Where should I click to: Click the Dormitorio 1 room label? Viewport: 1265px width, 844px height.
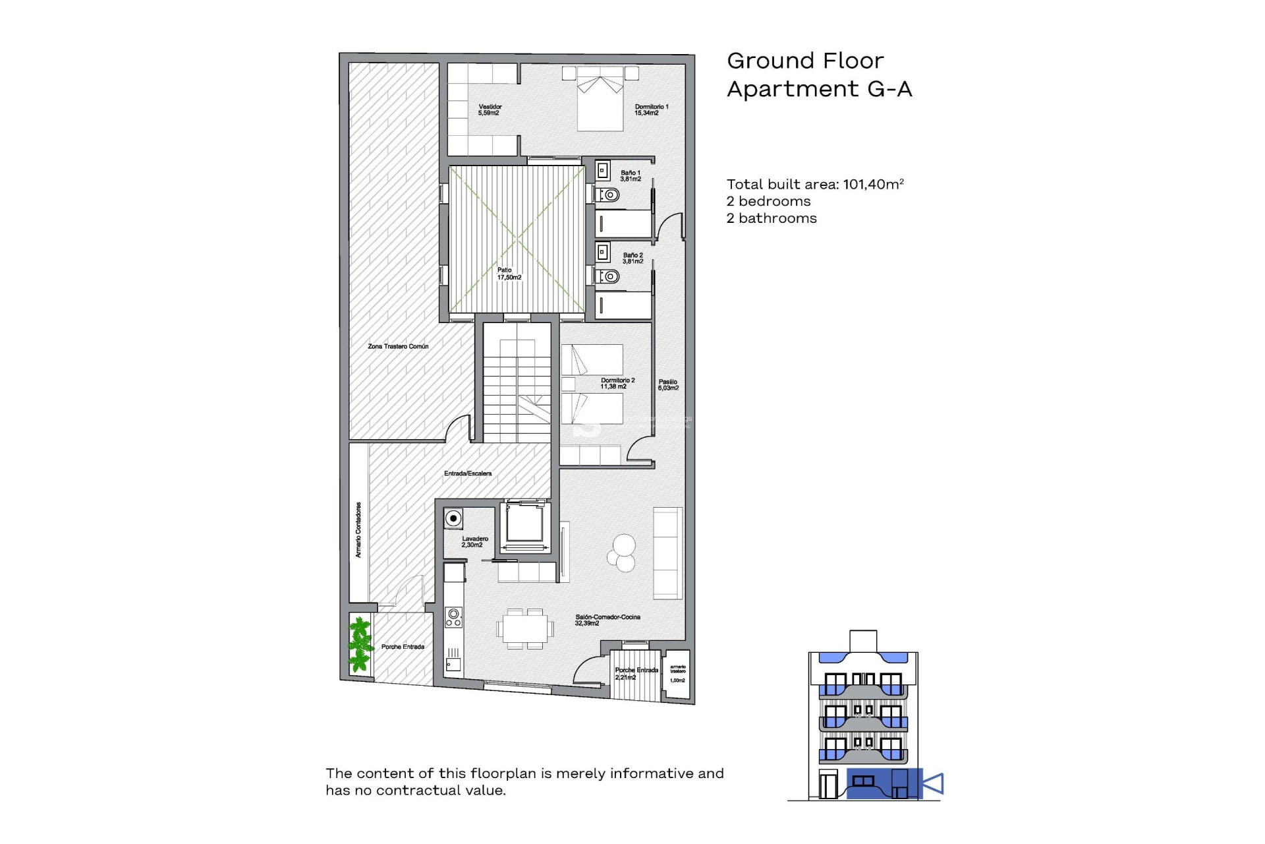point(651,109)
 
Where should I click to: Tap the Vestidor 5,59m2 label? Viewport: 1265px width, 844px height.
point(490,109)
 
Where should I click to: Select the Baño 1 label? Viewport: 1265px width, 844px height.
point(631,175)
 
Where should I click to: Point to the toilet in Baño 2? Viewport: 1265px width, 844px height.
point(609,276)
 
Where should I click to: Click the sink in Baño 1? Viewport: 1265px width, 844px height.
point(603,171)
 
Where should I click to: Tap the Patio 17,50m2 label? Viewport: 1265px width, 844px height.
point(509,274)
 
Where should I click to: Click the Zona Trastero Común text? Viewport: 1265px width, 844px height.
point(398,346)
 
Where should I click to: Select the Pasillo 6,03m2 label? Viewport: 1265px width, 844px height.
point(668,384)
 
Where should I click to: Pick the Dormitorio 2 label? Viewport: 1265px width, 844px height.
point(617,383)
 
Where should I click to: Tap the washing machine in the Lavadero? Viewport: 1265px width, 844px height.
point(453,518)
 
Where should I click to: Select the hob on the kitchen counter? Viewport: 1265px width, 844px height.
point(453,617)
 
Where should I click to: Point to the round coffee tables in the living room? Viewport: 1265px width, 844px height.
point(622,553)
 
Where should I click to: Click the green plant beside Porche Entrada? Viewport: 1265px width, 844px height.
point(360,644)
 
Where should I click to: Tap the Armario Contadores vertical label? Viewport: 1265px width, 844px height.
point(358,529)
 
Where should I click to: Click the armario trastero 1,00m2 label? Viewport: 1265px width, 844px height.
point(678,673)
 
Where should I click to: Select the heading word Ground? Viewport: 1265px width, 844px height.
point(768,61)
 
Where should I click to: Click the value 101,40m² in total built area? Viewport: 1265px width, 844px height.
point(873,184)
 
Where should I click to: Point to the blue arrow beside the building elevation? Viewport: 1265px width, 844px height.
point(933,783)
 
